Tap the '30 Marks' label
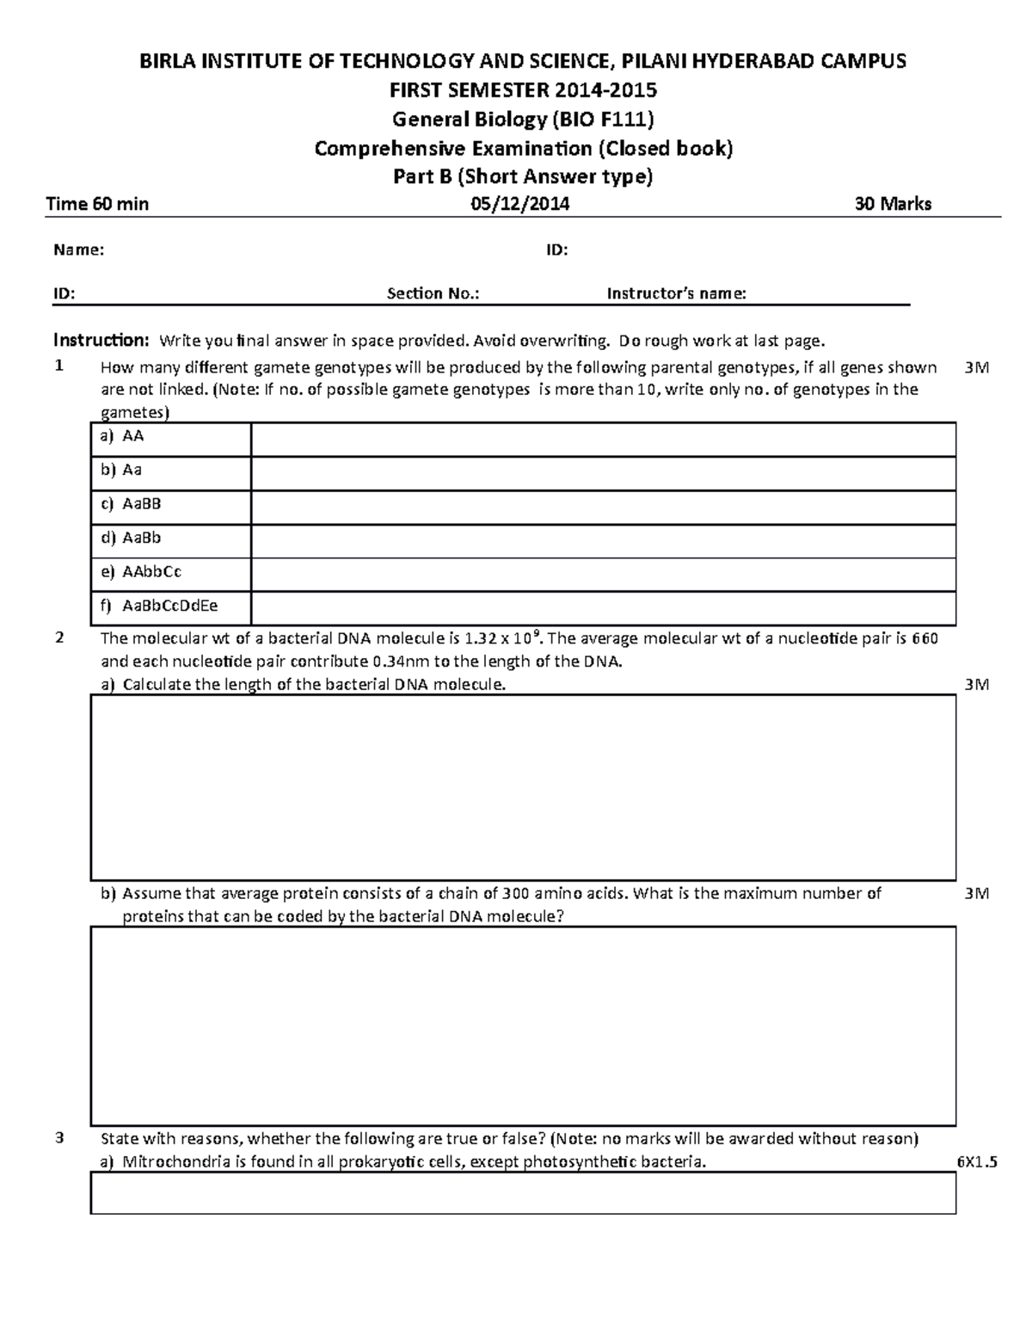(893, 204)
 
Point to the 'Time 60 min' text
(97, 204)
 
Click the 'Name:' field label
(79, 250)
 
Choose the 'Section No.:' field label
(433, 294)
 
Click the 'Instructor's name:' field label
(676, 294)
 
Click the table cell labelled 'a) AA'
(170, 437)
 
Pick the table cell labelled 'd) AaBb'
(170, 539)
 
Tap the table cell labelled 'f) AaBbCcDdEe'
(170, 606)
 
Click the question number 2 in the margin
(58, 638)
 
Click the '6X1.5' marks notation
(976, 1162)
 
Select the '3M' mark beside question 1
(977, 368)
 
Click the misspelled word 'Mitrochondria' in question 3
(170, 1163)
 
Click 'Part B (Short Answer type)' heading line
(523, 176)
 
